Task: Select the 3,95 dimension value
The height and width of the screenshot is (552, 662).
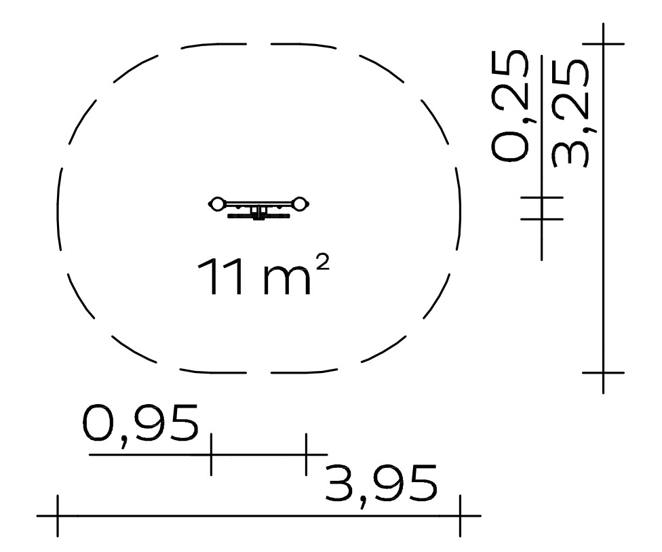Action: (381, 485)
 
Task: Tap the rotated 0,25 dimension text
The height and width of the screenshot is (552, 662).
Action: (509, 106)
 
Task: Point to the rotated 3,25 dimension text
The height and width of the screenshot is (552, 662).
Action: (570, 113)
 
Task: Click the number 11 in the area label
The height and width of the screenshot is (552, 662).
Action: (220, 277)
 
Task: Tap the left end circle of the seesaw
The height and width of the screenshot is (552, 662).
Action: (216, 204)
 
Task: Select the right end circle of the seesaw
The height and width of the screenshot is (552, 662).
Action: (299, 204)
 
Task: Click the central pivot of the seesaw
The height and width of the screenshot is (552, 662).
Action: (258, 212)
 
